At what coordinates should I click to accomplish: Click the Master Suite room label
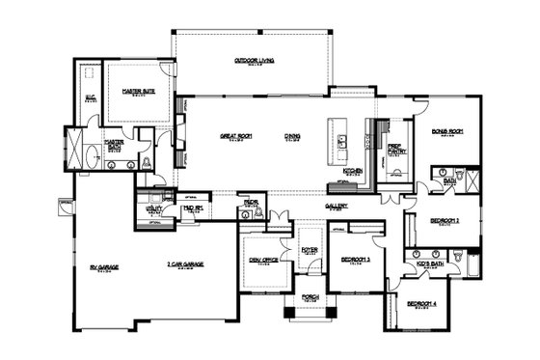pos(139,91)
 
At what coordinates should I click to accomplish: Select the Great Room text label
pos(235,136)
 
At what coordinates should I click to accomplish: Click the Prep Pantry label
pos(394,150)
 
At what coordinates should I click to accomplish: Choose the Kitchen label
pos(354,170)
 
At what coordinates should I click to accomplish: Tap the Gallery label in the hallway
pos(336,206)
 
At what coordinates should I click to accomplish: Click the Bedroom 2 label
pos(445,221)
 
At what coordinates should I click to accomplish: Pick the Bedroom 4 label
pos(421,304)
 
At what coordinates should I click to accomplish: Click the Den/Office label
pos(263,259)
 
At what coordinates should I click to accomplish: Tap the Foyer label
pos(310,249)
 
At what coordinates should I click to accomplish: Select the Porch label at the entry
pos(310,296)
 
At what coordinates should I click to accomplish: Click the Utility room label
pos(153,208)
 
